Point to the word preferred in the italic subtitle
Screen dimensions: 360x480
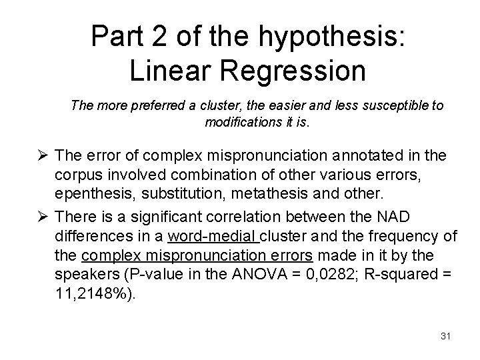point(150,107)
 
